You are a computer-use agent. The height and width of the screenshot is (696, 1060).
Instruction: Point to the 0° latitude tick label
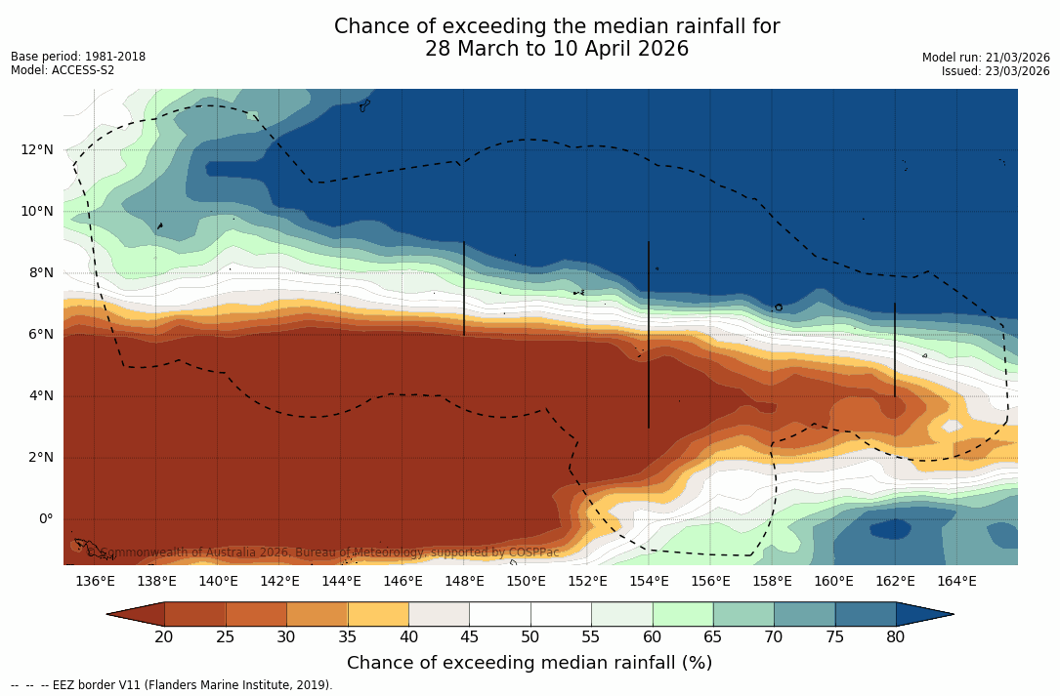[x=46, y=518]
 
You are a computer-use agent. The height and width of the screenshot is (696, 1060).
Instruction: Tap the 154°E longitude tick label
[x=649, y=582]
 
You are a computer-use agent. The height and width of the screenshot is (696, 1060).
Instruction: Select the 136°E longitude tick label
[x=95, y=582]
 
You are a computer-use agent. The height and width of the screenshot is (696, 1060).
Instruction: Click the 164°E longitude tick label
[x=956, y=582]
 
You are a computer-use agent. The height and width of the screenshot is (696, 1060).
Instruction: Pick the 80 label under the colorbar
[x=895, y=637]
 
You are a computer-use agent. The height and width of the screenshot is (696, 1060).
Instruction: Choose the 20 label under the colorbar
[x=164, y=637]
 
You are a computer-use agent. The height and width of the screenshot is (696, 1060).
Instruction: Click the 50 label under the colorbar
[x=530, y=637]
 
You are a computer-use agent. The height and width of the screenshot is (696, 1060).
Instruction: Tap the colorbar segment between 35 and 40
[x=378, y=614]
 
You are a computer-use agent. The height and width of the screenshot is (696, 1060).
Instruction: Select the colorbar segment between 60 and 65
[x=683, y=614]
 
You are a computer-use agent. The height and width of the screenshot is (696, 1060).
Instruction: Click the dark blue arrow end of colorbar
[x=923, y=614]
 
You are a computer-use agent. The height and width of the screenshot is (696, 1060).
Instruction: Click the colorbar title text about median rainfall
[x=530, y=663]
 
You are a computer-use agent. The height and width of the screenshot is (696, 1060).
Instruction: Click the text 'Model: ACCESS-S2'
[x=63, y=70]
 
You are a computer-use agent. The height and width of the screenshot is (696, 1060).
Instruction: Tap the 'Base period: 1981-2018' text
[x=78, y=57]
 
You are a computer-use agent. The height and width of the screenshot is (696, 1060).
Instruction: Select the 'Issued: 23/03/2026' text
[x=996, y=71]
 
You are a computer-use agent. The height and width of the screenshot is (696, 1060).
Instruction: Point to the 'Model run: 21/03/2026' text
[x=986, y=58]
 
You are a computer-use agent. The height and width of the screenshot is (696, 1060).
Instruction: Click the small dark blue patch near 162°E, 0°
[x=890, y=528]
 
